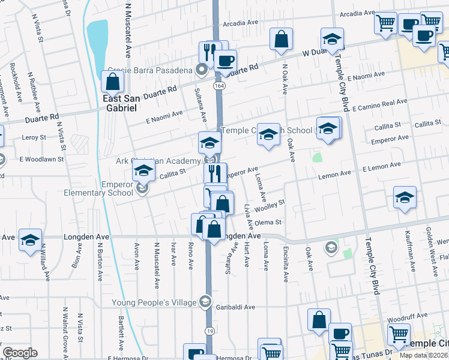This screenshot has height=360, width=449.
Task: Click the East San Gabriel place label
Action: pyautogui.click(x=119, y=103)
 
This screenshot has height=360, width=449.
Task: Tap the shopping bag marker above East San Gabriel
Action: pyautogui.click(x=112, y=81)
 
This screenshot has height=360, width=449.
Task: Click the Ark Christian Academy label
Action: pyautogui.click(x=157, y=161)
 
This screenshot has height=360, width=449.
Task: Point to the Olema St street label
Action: pyautogui.click(x=268, y=223)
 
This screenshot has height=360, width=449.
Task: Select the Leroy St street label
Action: pyautogui.click(x=34, y=137)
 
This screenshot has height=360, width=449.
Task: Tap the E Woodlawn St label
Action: pyautogui.click(x=41, y=159)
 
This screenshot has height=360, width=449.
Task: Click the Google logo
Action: pyautogui.click(x=20, y=353)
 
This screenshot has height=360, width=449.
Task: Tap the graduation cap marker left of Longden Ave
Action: pyautogui.click(x=30, y=240)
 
